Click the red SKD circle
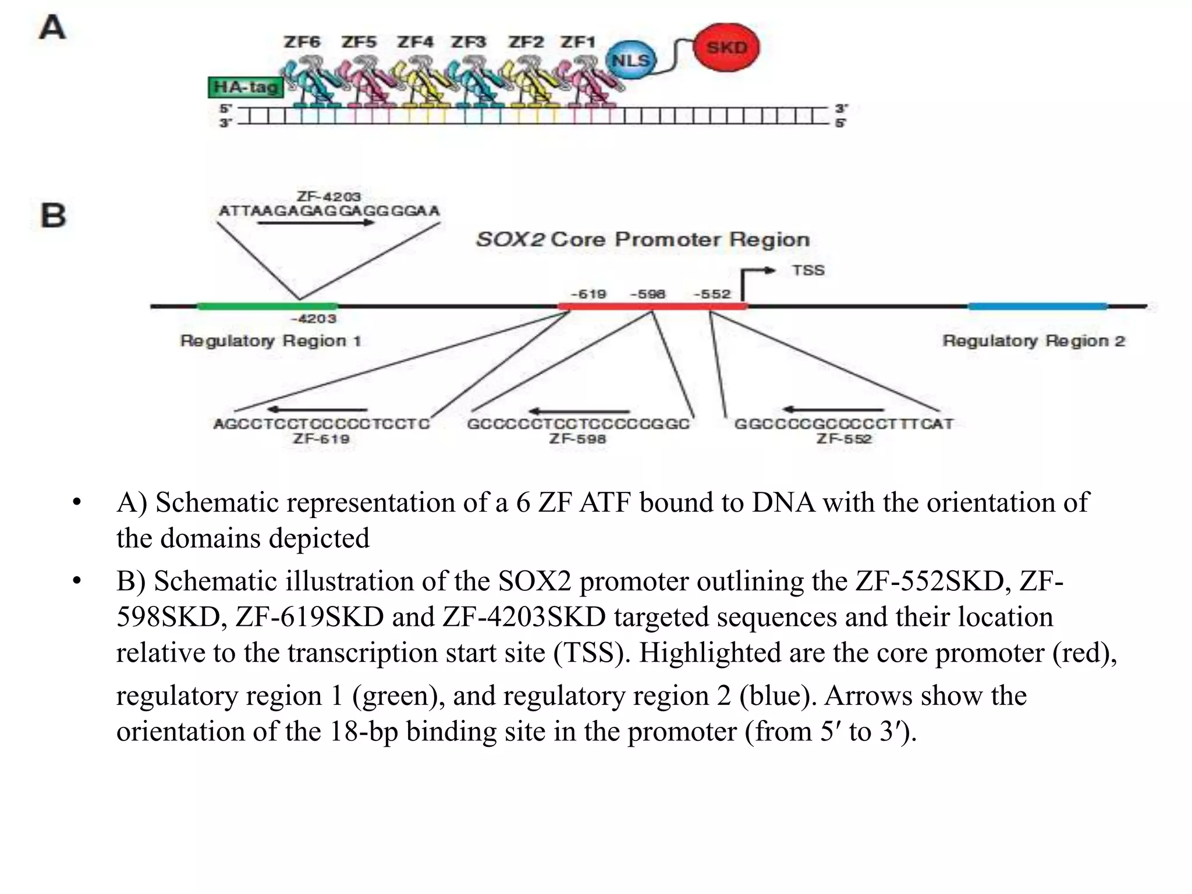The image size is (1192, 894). coord(726,48)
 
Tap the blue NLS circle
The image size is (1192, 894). coord(630,61)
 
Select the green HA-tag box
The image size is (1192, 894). coord(246,87)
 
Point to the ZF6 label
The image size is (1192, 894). coord(301,42)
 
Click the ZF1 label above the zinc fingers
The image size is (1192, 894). coord(578,42)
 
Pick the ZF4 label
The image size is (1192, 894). coord(415,42)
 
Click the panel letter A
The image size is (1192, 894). coord(52,28)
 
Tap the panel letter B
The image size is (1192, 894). coord(54,215)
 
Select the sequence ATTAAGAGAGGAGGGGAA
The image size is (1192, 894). coord(329,211)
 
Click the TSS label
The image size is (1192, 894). coord(808,271)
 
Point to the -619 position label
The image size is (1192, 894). coord(588,294)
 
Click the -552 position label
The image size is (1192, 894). coord(712,294)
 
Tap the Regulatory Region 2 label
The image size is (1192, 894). coord(1034,341)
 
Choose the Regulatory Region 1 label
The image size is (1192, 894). coord(271,341)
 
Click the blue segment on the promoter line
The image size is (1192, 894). coord(1038,306)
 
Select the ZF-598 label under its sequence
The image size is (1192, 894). coord(577,439)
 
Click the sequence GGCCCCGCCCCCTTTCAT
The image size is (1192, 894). coord(844,424)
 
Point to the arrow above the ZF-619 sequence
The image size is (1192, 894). coord(317,410)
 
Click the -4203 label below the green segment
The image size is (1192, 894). coord(313,319)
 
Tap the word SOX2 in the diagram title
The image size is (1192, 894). coord(510,240)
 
